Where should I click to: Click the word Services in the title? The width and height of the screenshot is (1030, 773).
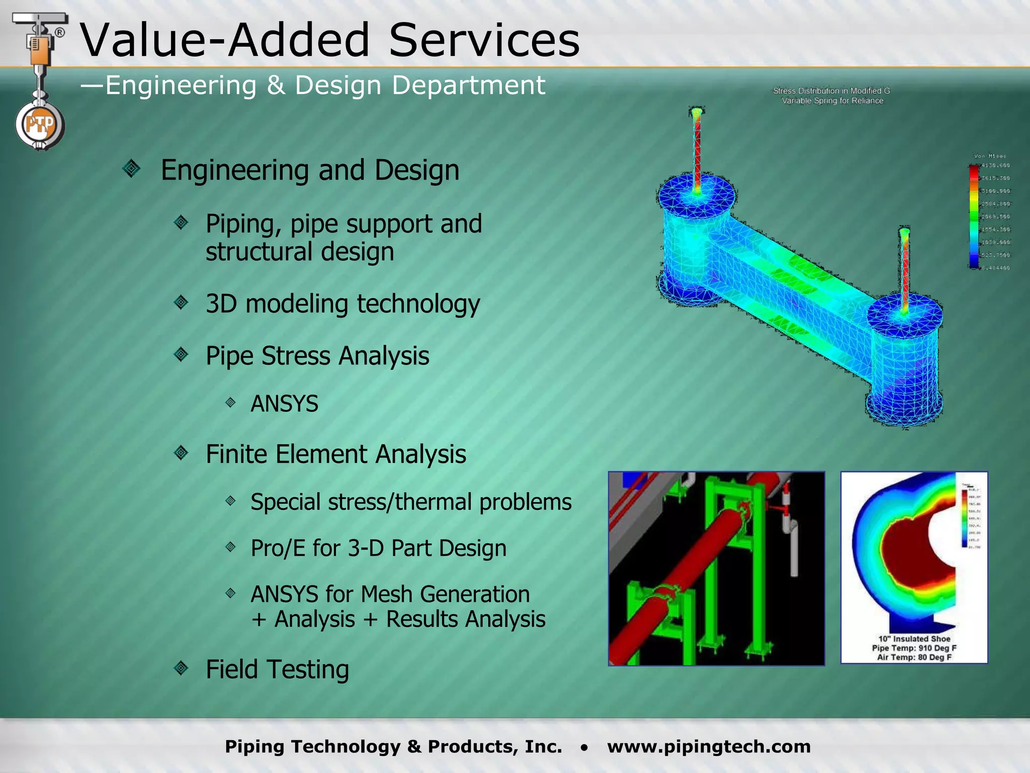[x=484, y=40]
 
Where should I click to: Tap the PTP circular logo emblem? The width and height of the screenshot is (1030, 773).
[x=40, y=124]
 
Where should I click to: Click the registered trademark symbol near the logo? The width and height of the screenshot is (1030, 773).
[x=59, y=33]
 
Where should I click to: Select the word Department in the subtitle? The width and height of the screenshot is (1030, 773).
[x=468, y=85]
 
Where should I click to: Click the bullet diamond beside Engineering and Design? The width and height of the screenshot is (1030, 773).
[x=131, y=168]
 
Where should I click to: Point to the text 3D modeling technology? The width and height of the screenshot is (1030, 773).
[x=342, y=304]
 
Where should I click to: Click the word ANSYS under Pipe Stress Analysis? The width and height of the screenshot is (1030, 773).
[x=284, y=404]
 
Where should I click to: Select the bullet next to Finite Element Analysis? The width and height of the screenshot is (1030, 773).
[x=181, y=453]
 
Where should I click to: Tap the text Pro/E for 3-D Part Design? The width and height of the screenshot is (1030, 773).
[x=378, y=548]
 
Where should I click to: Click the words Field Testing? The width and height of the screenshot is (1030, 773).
[x=277, y=669]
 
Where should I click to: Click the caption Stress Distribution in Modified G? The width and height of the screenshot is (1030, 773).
[x=831, y=91]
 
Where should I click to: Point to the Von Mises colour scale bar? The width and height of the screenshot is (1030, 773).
[x=974, y=216]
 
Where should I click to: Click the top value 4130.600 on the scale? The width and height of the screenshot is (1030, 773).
[x=995, y=166]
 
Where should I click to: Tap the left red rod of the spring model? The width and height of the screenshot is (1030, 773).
[x=697, y=151]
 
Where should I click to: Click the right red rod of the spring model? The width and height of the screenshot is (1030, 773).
[x=905, y=272]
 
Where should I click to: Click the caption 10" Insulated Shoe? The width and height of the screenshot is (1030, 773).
[x=914, y=639]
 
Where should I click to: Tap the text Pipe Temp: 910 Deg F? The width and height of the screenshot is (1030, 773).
[x=914, y=648]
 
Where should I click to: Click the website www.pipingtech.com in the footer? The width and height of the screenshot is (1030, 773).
[x=709, y=746]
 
